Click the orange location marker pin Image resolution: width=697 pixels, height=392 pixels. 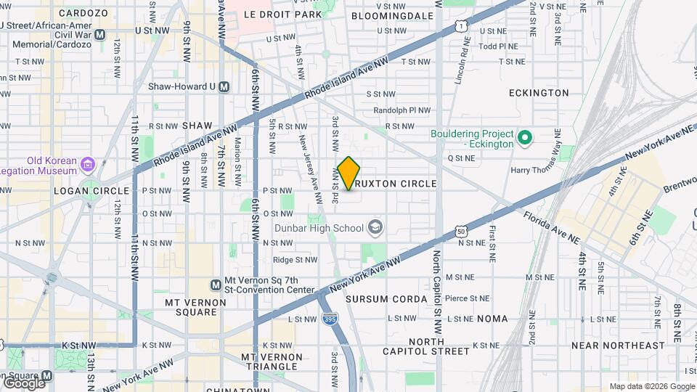[348, 173]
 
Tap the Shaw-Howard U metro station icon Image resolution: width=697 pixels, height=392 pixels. [224, 86]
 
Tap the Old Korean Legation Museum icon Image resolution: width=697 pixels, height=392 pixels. [88, 166]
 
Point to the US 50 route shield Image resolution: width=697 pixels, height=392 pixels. [462, 231]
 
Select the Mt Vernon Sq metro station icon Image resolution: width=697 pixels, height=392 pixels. [215, 285]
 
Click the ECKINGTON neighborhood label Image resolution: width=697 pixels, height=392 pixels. [539, 93]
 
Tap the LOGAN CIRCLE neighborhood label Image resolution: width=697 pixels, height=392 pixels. [81, 190]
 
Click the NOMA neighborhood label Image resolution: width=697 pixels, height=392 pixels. [493, 319]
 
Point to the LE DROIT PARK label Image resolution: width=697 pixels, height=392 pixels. [282, 15]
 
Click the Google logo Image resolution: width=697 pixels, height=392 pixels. [23, 382]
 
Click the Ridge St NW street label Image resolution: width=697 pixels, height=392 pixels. [295, 259]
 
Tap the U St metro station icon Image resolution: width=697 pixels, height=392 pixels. [100, 34]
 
